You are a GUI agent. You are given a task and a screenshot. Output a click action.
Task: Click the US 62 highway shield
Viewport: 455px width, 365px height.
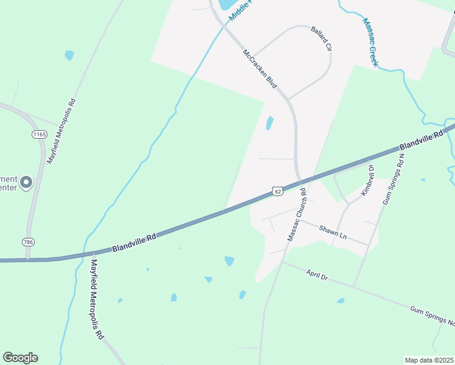point(277,191)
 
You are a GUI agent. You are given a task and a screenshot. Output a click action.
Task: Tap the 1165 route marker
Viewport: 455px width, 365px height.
point(40,133)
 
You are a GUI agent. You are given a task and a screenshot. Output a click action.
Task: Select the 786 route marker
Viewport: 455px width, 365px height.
point(28,242)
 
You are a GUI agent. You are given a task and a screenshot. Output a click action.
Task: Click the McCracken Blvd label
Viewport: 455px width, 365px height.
point(260,69)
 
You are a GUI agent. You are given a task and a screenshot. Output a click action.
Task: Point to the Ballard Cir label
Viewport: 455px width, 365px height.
point(321,38)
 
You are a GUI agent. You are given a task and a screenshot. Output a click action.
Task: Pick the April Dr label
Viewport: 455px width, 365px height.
point(317,276)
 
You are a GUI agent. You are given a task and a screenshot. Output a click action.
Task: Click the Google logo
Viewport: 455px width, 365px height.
point(20,358)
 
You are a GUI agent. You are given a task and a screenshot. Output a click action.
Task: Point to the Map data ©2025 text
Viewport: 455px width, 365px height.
point(428,360)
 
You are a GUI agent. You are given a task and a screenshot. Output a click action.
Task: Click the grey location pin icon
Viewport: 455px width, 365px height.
point(26,182)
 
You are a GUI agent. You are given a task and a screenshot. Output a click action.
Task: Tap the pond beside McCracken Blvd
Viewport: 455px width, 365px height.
point(269,123)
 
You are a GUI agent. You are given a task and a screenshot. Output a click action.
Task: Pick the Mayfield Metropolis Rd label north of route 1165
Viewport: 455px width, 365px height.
point(61,130)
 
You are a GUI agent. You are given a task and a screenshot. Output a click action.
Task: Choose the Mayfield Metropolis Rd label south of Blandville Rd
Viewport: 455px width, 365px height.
point(96,300)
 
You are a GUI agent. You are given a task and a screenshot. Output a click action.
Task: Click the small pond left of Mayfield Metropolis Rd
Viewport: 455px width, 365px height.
point(69,55)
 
